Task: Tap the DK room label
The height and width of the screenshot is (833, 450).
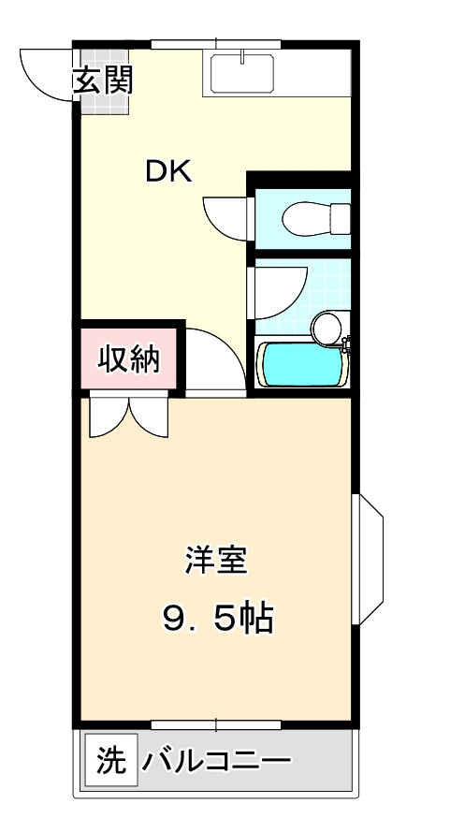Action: (168, 171)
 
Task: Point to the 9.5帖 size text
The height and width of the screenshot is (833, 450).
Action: (217, 618)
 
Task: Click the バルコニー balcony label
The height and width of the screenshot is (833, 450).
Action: (216, 760)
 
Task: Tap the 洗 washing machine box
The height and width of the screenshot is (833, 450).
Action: (110, 760)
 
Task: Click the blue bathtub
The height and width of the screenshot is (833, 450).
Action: (301, 364)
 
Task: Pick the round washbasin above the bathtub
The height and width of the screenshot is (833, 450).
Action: (327, 327)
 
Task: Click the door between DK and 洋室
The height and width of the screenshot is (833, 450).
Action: (216, 360)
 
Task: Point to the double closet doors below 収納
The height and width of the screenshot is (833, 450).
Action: (129, 416)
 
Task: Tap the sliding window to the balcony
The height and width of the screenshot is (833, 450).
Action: (216, 723)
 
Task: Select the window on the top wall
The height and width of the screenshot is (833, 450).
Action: (216, 43)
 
